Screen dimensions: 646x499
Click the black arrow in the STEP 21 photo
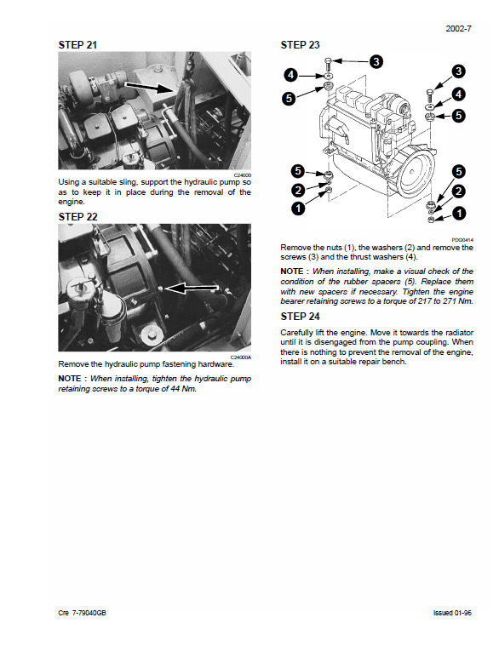point(156,86)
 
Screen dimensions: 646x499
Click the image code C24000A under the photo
point(241,357)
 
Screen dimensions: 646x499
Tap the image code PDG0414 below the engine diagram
point(463,240)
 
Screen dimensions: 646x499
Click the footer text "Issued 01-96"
point(452,613)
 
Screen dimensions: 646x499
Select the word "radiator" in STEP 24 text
point(457,332)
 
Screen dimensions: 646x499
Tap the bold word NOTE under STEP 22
point(70,378)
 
